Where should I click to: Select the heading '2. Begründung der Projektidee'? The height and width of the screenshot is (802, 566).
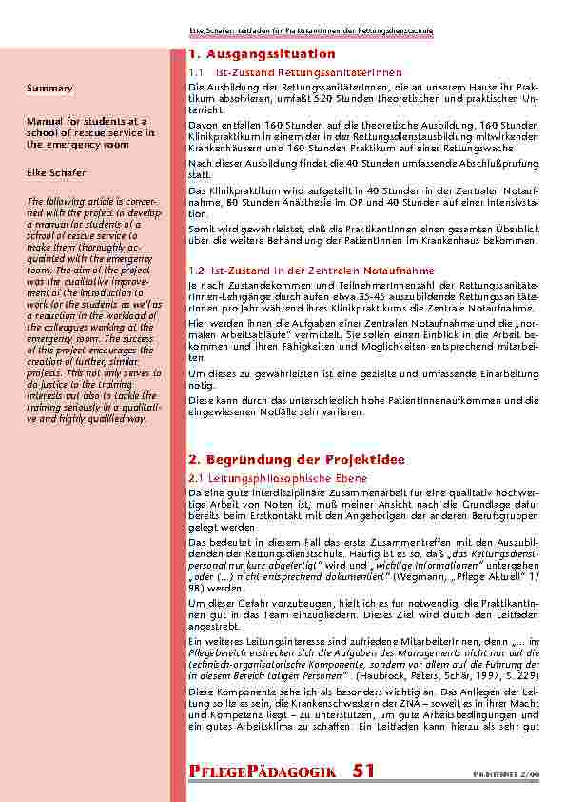pyautogui.click(x=283, y=459)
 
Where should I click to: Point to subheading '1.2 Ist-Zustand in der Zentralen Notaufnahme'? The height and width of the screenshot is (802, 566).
pyautogui.click(x=296, y=271)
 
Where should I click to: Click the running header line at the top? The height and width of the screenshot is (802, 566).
pyautogui.click(x=311, y=31)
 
